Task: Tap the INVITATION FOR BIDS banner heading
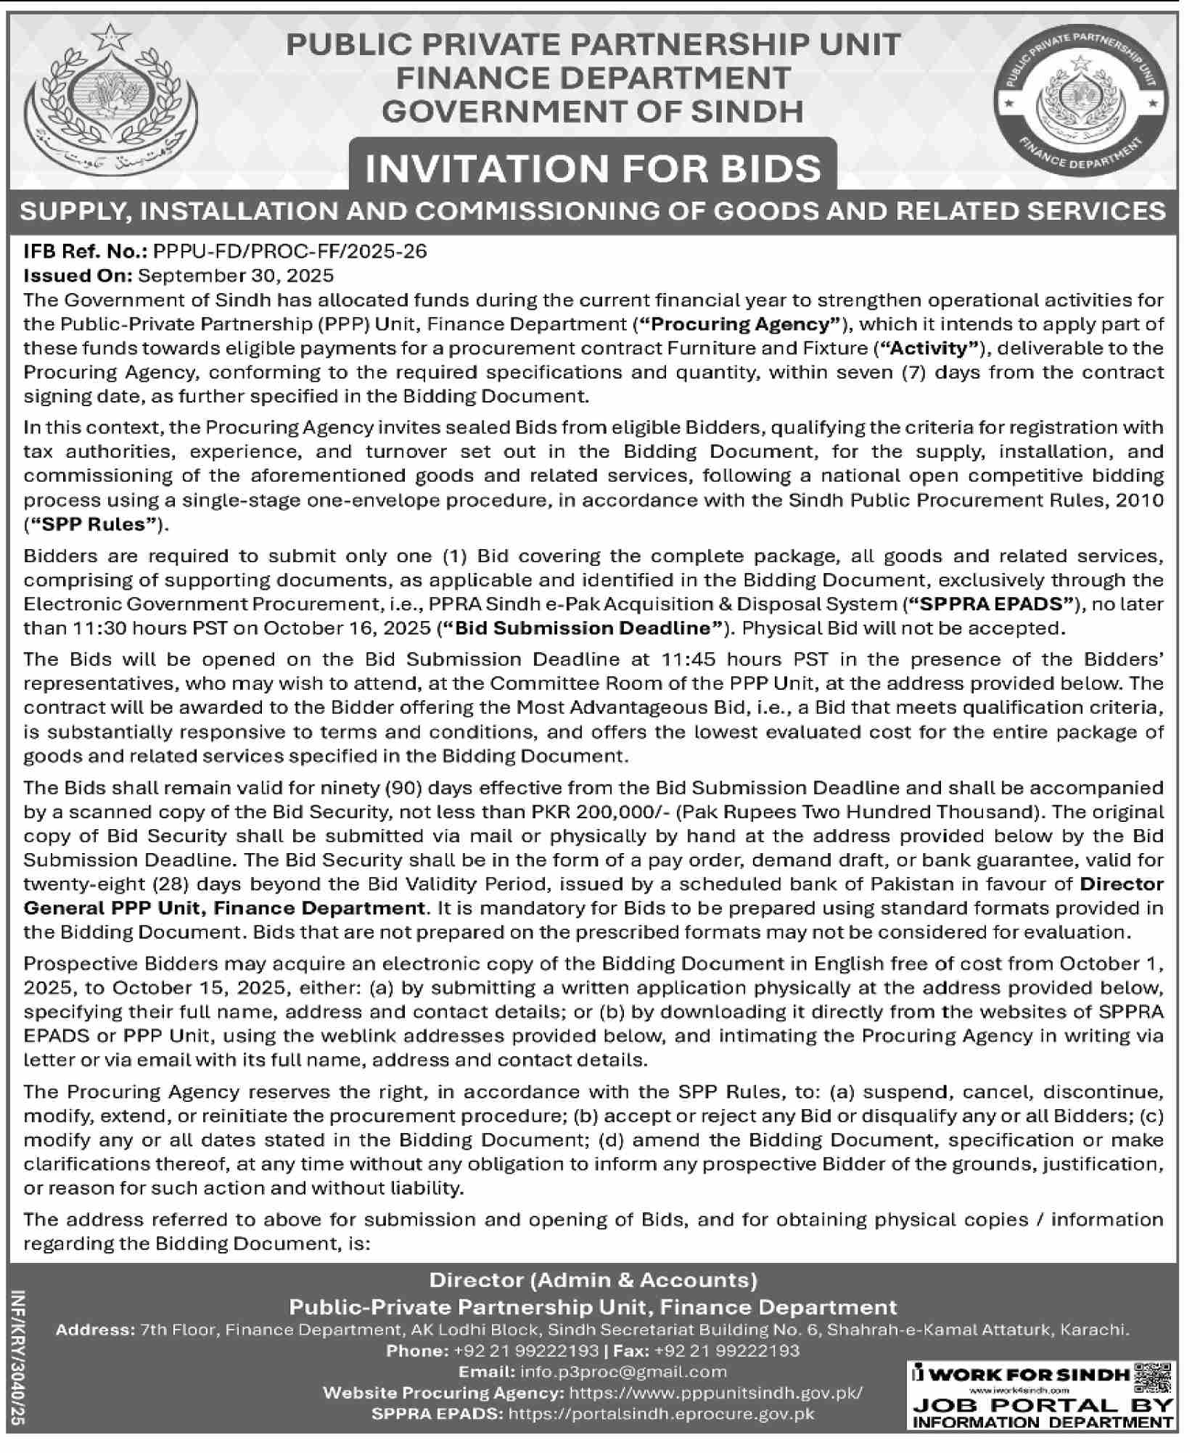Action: (x=593, y=169)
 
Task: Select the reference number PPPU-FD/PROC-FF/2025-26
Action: (x=289, y=251)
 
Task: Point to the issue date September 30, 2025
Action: (x=236, y=275)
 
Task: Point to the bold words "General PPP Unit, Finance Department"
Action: (x=224, y=907)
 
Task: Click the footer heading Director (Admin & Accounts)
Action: (x=593, y=1280)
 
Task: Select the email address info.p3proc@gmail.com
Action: (x=623, y=1372)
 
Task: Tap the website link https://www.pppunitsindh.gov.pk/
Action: (x=716, y=1393)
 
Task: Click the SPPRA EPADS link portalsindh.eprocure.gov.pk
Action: (x=662, y=1414)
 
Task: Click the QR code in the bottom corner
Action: (x=1152, y=1375)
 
